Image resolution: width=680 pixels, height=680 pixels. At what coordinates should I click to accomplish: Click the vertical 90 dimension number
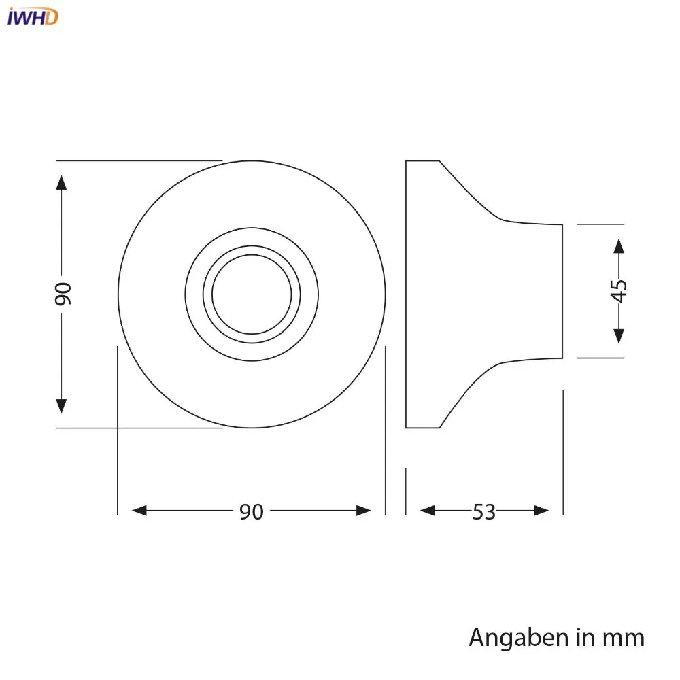pyautogui.click(x=62, y=293)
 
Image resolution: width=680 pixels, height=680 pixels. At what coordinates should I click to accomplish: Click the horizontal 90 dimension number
pyautogui.click(x=251, y=511)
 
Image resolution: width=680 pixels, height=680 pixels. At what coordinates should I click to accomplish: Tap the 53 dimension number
pyautogui.click(x=484, y=511)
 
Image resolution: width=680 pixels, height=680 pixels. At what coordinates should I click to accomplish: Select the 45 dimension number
pyautogui.click(x=619, y=290)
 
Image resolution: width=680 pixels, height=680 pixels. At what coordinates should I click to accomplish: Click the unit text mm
pyautogui.click(x=622, y=638)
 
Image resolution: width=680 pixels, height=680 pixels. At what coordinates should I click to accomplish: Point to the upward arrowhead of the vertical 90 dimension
pyautogui.click(x=62, y=183)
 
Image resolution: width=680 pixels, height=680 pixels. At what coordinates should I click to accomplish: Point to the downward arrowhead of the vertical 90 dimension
pyautogui.click(x=62, y=405)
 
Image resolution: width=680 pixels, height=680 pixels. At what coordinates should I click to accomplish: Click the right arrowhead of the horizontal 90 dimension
pyautogui.click(x=364, y=511)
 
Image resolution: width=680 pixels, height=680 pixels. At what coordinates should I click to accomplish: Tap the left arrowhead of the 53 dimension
pyautogui.click(x=428, y=511)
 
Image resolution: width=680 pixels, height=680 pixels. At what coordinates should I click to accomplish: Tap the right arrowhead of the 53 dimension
pyautogui.click(x=541, y=511)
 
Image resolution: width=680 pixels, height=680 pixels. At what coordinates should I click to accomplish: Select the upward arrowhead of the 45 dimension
pyautogui.click(x=619, y=246)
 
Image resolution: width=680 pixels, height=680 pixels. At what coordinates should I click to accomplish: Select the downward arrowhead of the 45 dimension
pyautogui.click(x=619, y=335)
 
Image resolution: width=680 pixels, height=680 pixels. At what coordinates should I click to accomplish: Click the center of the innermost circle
pyautogui.click(x=252, y=294)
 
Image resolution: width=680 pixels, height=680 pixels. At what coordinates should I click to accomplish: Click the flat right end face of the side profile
pyautogui.click(x=562, y=291)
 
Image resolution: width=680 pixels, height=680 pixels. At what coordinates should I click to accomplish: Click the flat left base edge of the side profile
pyautogui.click(x=406, y=294)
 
